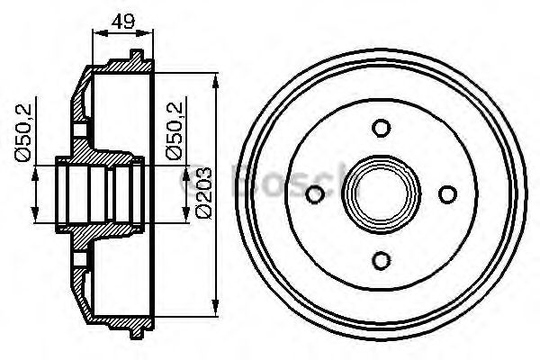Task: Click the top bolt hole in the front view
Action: coord(381,128)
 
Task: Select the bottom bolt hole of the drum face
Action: coord(381,260)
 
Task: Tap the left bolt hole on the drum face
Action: coord(315,194)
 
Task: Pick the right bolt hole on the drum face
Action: coord(447,193)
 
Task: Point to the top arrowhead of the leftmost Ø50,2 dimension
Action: coord(36,173)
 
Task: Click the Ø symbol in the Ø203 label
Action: coord(204,212)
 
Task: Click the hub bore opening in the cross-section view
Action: coord(99,193)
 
